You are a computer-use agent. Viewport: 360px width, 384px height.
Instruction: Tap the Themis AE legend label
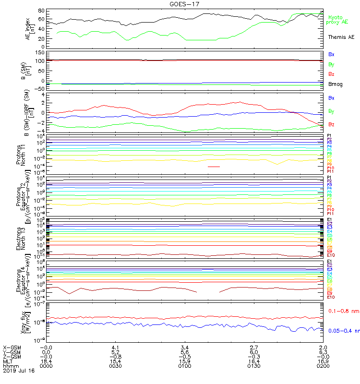point(340,37)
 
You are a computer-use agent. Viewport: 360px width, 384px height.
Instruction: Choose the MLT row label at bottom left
point(8,361)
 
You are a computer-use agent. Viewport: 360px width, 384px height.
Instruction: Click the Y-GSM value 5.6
point(184,352)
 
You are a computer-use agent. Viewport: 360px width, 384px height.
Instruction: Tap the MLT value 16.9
point(323,361)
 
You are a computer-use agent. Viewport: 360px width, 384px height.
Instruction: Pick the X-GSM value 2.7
point(253,347)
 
